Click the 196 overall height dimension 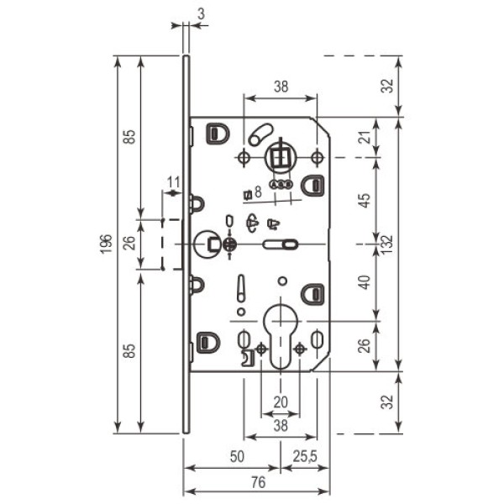[106, 244]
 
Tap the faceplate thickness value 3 [202, 14]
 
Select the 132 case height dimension [388, 244]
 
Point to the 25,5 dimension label [304, 456]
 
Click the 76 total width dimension [259, 482]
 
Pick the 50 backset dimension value [237, 456]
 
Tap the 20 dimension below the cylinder [281, 402]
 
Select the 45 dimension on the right [365, 200]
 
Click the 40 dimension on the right [365, 282]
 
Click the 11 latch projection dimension [174, 183]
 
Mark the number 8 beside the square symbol [258, 192]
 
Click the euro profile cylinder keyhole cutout [281, 337]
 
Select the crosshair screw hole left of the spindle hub [244, 158]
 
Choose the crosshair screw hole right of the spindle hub [318, 158]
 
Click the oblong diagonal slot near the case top [260, 135]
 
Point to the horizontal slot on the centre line [281, 244]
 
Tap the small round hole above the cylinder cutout [282, 281]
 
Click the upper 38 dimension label [281, 87]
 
